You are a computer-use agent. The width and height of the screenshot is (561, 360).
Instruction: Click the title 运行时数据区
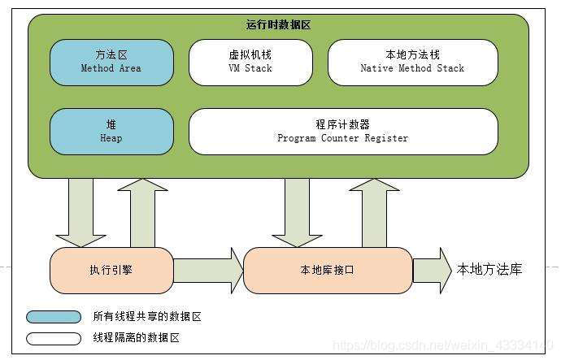[x=278, y=25]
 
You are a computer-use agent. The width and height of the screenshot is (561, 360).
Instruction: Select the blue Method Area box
[x=111, y=62]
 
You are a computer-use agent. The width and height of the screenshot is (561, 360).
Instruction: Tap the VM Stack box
[x=250, y=62]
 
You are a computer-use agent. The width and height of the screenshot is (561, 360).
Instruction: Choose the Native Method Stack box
[x=412, y=62]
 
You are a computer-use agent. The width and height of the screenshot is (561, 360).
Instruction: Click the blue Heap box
[x=111, y=132]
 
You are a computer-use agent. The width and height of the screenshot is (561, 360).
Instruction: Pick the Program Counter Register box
[x=342, y=132]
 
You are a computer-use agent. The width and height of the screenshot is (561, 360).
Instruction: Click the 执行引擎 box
[x=111, y=270]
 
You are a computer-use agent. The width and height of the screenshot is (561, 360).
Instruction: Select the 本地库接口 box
[x=328, y=270]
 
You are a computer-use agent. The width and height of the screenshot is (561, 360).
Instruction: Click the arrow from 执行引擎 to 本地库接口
[x=208, y=270]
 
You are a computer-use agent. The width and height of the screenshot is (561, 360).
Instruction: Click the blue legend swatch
[x=54, y=317]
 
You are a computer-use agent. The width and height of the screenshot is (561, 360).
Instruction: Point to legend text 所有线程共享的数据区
[x=146, y=317]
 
